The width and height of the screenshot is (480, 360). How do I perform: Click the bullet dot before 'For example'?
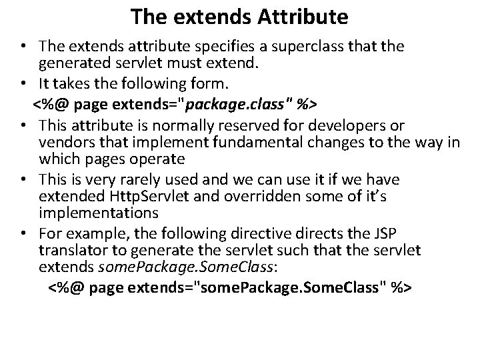coord(25,233)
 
